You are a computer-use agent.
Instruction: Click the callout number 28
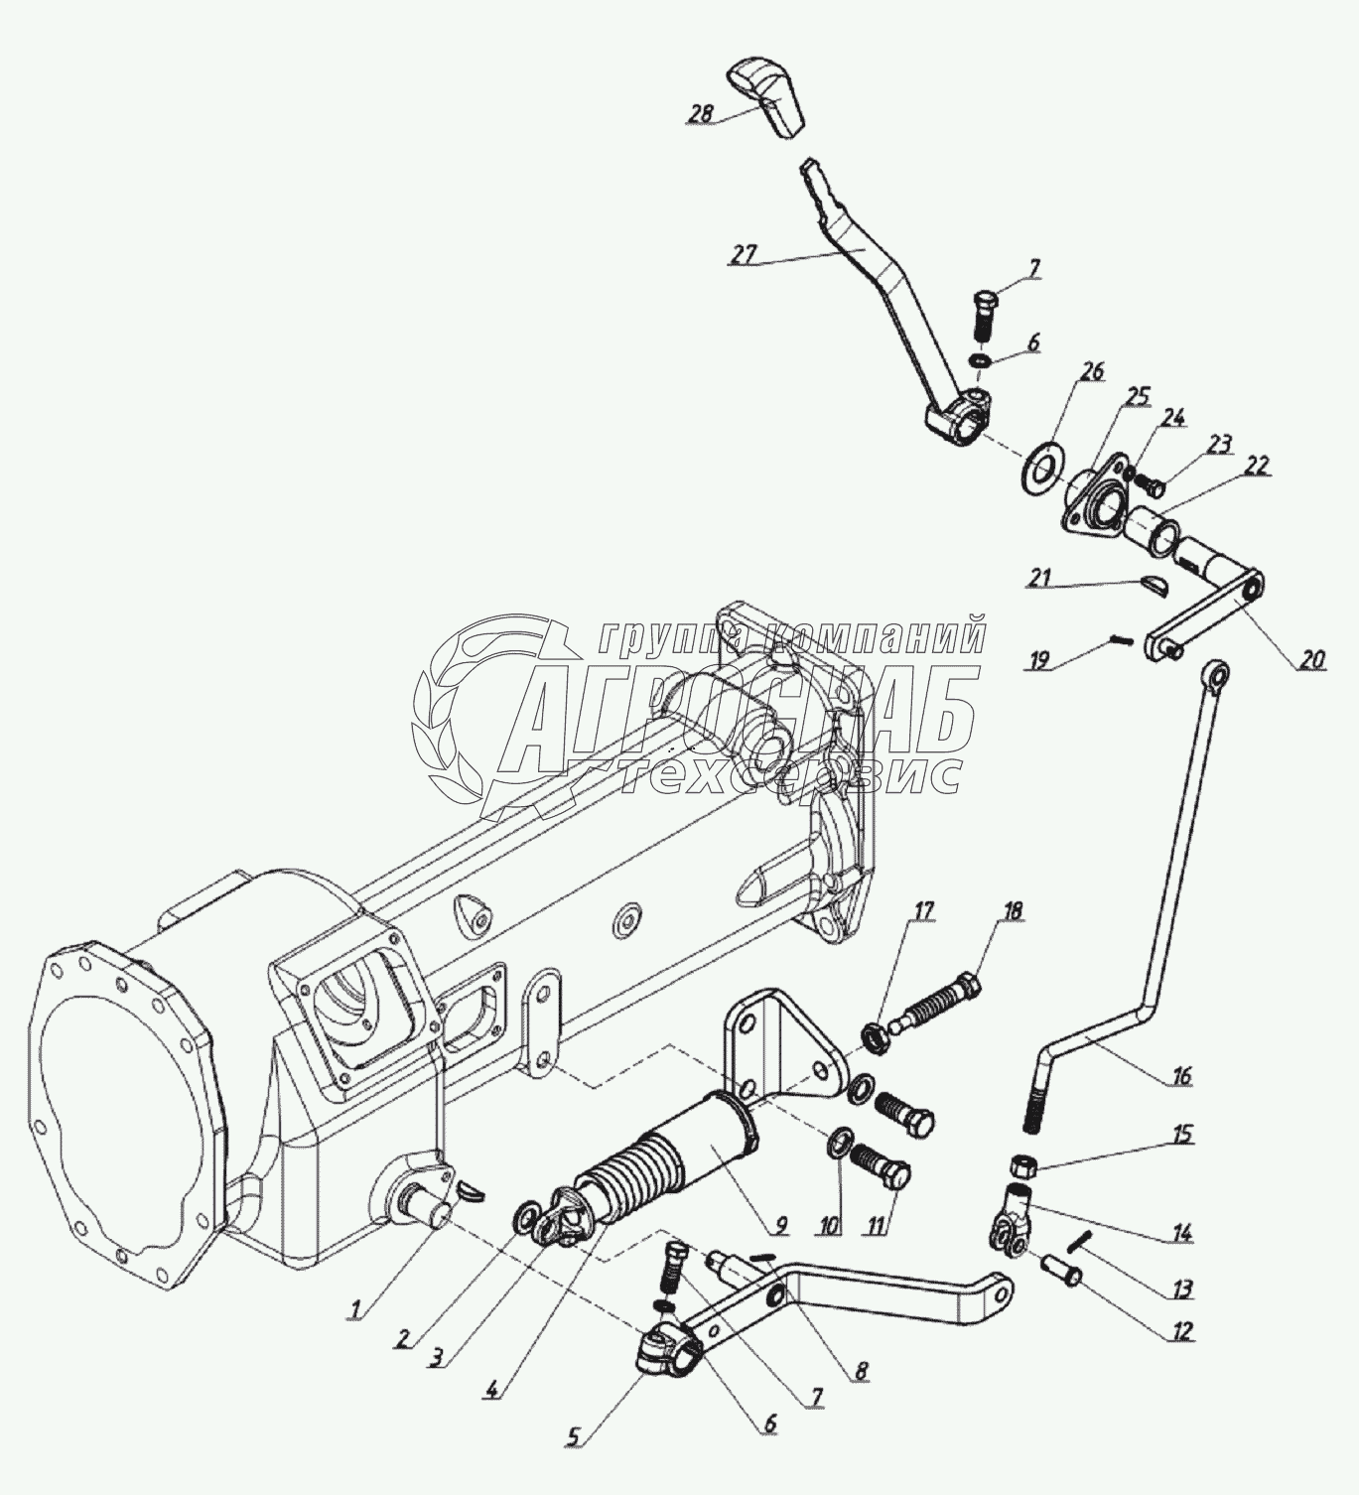click(x=701, y=115)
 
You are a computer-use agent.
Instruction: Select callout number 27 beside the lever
click(x=742, y=254)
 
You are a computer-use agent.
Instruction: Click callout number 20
click(x=1312, y=658)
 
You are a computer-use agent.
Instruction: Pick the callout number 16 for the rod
click(x=1180, y=1076)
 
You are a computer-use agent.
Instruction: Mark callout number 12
click(x=1181, y=1330)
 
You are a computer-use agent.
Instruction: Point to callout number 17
click(x=923, y=909)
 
